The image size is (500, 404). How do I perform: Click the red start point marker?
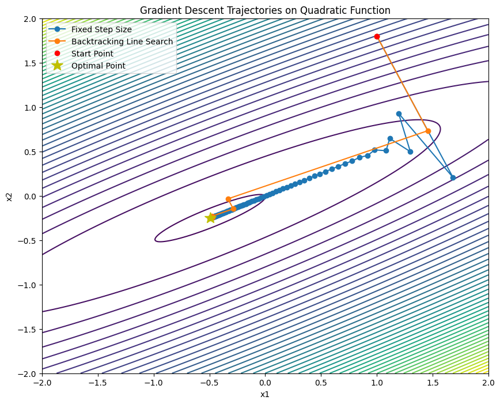(377, 36)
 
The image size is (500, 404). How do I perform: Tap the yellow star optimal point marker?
(210, 218)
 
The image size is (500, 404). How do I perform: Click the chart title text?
(265, 10)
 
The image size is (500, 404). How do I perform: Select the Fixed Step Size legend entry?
(101, 29)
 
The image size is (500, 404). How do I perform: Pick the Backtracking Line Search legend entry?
(122, 41)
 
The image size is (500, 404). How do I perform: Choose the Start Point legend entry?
(96, 54)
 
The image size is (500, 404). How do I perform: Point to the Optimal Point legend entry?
(98, 66)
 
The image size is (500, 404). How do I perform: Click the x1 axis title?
(265, 395)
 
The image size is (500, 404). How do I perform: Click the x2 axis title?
(9, 197)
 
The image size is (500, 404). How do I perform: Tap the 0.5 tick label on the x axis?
(321, 382)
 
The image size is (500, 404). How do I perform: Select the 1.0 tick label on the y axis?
(26, 108)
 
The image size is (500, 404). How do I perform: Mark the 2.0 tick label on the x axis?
(488, 382)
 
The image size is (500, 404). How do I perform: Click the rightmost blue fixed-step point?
(453, 178)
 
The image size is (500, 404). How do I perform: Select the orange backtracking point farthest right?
(428, 131)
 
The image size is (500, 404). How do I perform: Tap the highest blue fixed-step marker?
(399, 114)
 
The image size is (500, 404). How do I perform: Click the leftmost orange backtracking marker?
(228, 199)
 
